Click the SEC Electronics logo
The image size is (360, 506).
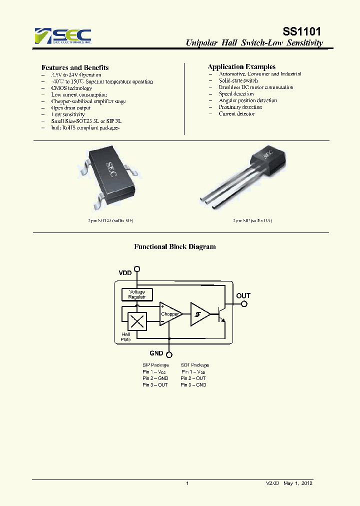63,36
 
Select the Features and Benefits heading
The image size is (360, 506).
75,67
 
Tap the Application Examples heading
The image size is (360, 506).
241,66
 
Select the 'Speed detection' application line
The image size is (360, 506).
236,93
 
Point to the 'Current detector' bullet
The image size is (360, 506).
236,113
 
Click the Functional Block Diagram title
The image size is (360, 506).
175,246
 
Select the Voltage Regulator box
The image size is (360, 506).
137,294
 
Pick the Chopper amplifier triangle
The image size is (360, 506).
170,314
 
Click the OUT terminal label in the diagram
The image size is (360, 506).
243,295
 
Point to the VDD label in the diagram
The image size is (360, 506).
125,273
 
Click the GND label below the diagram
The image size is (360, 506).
156,353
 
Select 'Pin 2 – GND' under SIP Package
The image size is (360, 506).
155,378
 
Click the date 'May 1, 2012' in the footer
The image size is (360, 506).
298,483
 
